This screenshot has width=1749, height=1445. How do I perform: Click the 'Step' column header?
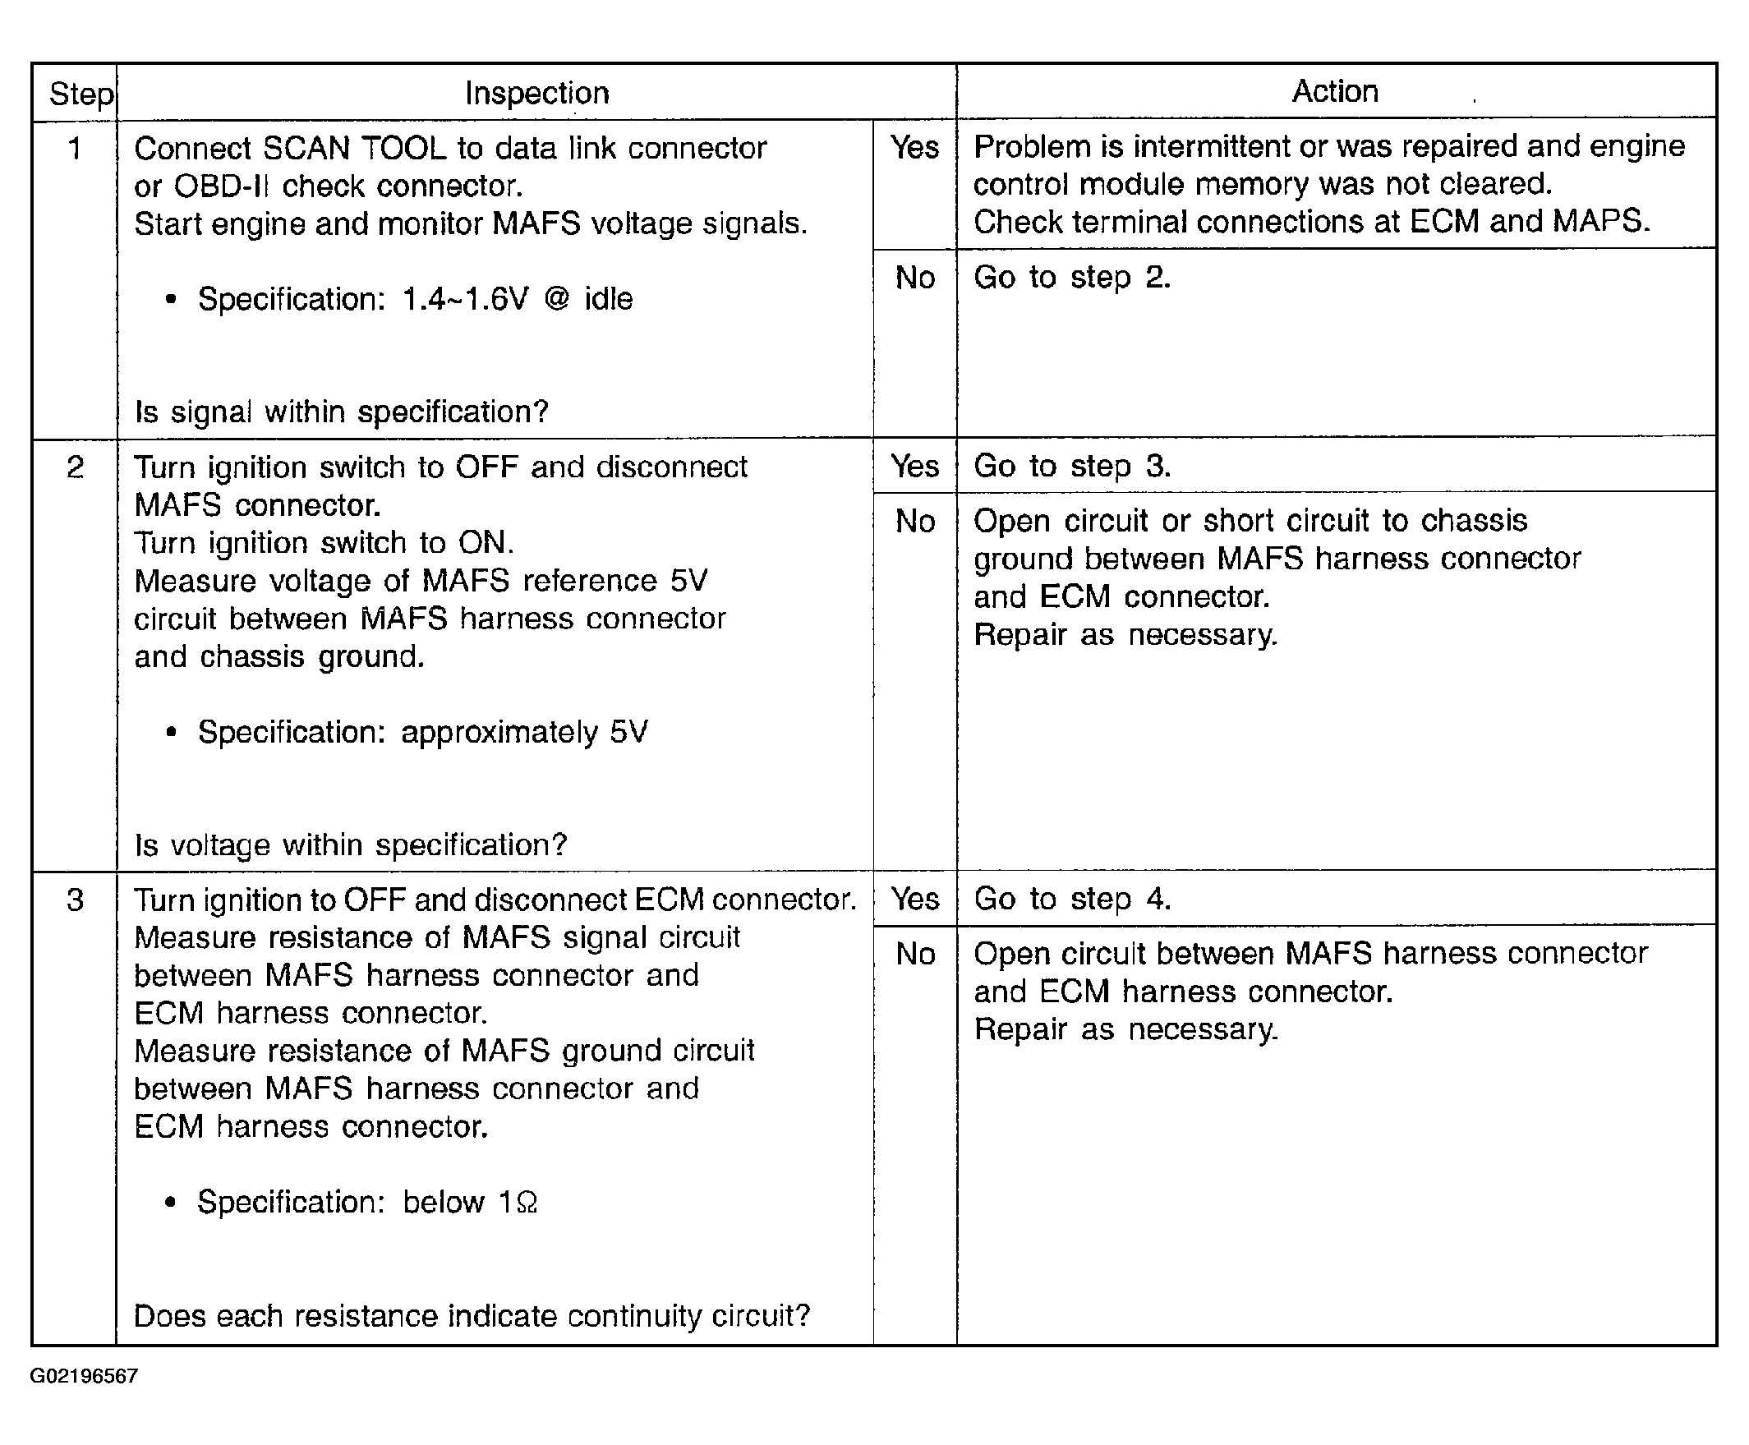pyautogui.click(x=80, y=94)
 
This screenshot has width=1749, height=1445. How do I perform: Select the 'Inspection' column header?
pyautogui.click(x=537, y=92)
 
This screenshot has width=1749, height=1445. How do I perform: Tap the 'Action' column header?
pyautogui.click(x=1334, y=90)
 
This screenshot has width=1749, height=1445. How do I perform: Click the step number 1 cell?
pyautogui.click(x=75, y=149)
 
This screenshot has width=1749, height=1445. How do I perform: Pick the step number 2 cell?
pyautogui.click(x=75, y=467)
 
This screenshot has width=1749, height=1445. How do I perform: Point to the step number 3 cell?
pyautogui.click(x=75, y=900)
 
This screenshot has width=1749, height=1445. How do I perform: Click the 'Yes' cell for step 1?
pyautogui.click(x=914, y=148)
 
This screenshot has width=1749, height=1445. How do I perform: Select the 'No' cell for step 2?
pyautogui.click(x=915, y=522)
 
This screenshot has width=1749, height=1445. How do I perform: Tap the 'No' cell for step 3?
pyautogui.click(x=915, y=954)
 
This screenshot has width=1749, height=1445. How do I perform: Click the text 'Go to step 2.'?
pyautogui.click(x=1071, y=277)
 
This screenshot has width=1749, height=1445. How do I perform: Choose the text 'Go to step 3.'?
pyautogui.click(x=1071, y=466)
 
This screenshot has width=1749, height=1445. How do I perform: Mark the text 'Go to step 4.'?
pyautogui.click(x=1071, y=899)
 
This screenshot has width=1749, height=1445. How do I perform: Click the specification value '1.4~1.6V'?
pyautogui.click(x=464, y=299)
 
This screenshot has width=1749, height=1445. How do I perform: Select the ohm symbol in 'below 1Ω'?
pyautogui.click(x=527, y=1203)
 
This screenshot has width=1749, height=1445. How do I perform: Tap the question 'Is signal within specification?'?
pyautogui.click(x=341, y=412)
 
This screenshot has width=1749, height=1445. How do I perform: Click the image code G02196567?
pyautogui.click(x=83, y=1376)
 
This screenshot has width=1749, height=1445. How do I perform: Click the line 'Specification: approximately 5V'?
pyautogui.click(x=422, y=733)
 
